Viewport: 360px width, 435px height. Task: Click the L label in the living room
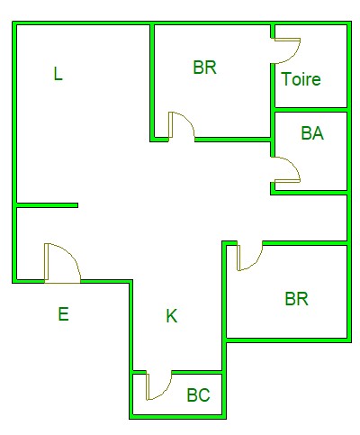[x=58, y=74]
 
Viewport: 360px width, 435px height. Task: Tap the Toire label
[x=301, y=79]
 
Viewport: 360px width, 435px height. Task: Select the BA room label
[x=312, y=133]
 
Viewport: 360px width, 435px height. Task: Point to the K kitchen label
[x=172, y=316]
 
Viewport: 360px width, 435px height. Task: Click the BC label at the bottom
[x=198, y=395]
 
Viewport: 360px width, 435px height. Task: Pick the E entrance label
[x=63, y=314]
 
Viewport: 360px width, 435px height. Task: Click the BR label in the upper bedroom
[x=204, y=68]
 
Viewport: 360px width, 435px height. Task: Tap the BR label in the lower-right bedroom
[x=296, y=299]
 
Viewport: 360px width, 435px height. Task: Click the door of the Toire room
[x=285, y=50]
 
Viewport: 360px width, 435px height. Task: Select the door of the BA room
[x=285, y=169]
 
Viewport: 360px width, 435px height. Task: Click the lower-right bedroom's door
[x=250, y=256]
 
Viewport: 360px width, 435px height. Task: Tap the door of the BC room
[x=159, y=385]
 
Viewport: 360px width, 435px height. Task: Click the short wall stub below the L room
[x=47, y=205]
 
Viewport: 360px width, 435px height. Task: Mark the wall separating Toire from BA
[x=311, y=110]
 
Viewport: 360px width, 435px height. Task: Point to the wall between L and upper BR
[x=152, y=83]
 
